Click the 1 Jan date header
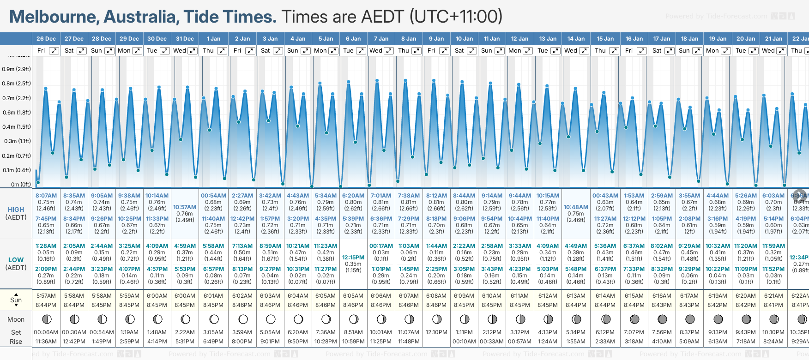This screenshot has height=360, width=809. (213, 39)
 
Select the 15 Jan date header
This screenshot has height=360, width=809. (605, 39)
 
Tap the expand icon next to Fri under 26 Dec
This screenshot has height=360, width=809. (54, 51)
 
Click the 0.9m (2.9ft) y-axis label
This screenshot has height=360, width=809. (16, 69)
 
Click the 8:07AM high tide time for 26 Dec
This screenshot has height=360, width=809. (46, 196)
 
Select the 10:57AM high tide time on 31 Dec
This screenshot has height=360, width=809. (185, 207)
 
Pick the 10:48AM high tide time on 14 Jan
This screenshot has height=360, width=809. (576, 207)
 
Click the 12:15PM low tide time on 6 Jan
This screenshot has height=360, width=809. (353, 258)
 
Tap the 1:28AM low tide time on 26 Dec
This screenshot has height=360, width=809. (46, 246)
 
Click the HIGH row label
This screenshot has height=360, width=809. (16, 210)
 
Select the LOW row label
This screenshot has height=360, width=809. (16, 260)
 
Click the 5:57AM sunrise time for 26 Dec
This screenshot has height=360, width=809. (46, 296)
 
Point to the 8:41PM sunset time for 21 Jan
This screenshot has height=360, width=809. (773, 305)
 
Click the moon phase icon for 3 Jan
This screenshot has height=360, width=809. (271, 319)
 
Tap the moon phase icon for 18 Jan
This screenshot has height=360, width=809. (690, 319)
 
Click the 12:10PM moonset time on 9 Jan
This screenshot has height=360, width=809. (436, 332)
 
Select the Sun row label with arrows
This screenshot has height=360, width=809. (16, 300)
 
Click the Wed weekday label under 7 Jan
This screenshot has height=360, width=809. (376, 51)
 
